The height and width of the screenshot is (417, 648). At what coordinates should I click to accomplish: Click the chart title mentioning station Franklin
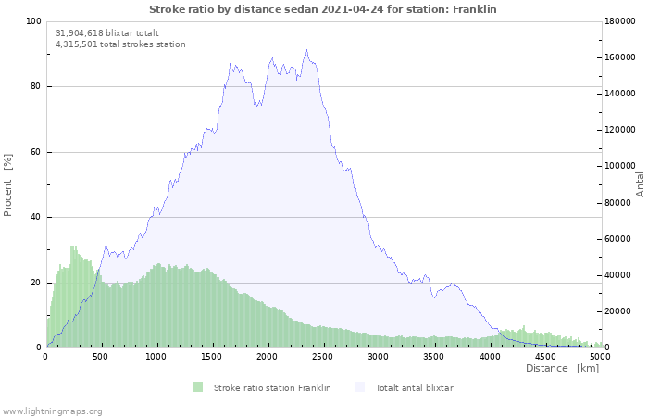[324, 8]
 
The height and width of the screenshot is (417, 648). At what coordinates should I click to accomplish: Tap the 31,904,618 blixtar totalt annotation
[106, 32]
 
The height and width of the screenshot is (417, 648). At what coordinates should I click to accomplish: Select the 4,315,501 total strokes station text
[120, 44]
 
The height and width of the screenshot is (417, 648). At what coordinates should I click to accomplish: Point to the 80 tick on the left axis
[35, 87]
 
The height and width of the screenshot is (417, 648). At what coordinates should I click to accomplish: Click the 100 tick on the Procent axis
[32, 21]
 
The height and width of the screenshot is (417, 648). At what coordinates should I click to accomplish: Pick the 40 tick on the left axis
[35, 218]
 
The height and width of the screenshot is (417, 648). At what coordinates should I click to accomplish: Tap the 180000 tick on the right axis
[621, 21]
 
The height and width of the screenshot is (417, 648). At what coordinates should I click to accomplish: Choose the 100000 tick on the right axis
[621, 166]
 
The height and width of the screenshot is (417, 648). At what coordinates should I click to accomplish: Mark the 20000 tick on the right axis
[618, 311]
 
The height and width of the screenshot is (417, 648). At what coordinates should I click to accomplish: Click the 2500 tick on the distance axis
[323, 356]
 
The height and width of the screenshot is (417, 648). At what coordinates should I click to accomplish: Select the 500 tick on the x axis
[101, 356]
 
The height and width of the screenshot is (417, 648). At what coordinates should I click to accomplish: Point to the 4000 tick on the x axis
[490, 356]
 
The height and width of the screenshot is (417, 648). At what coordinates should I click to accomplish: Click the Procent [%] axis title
[8, 184]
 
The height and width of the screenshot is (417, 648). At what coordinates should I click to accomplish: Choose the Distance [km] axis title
[562, 368]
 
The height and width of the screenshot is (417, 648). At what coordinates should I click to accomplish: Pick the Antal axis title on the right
[640, 183]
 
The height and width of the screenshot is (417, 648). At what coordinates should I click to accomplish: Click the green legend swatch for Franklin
[197, 387]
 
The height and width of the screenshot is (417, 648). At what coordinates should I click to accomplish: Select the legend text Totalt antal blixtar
[414, 387]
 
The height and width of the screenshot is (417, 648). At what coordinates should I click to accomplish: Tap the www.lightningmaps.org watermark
[52, 411]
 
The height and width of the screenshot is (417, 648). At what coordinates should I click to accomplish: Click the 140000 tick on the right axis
[621, 94]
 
